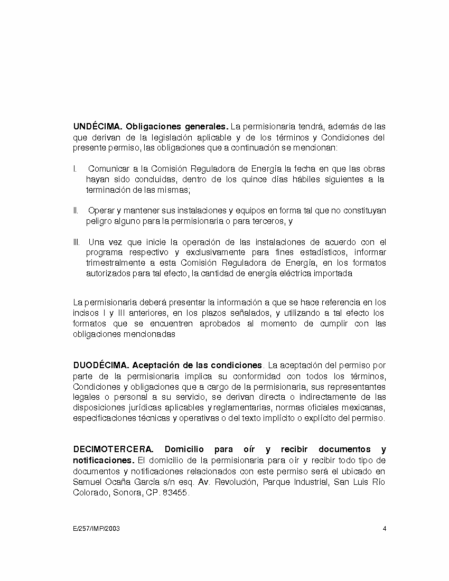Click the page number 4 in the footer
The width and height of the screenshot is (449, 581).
385,528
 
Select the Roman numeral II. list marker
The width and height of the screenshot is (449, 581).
76,211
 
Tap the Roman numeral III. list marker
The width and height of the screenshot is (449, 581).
77,242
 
